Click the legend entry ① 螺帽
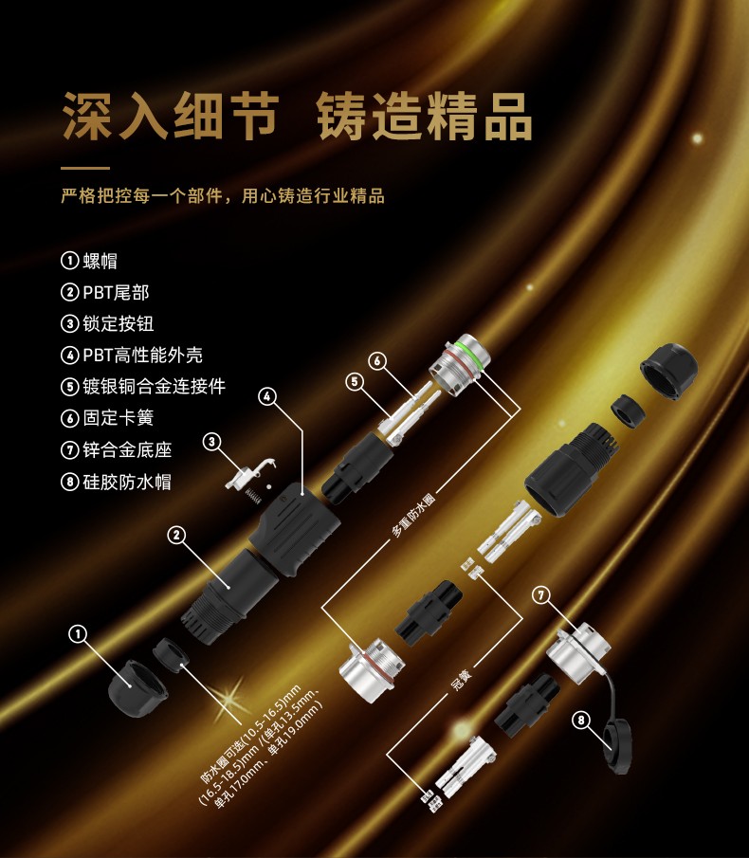[88, 261]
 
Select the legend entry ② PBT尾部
[104, 292]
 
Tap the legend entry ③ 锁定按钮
[107, 323]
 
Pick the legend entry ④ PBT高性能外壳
[131, 355]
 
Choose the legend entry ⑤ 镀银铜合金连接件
[143, 386]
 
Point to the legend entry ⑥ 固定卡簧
[107, 417]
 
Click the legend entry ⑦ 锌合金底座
[116, 449]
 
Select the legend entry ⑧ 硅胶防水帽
[116, 482]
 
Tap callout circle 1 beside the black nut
[78, 634]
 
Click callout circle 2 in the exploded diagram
[176, 535]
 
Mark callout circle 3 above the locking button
[212, 441]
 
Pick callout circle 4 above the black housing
[267, 396]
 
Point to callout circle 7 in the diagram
[541, 594]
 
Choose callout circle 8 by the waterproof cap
[581, 720]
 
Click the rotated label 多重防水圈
[413, 515]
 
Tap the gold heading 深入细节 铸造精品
[297, 117]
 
